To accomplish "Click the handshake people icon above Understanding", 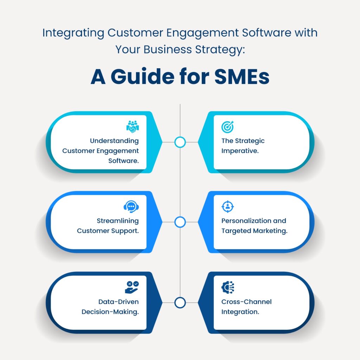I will [132, 127].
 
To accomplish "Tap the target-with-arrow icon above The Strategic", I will [227, 127].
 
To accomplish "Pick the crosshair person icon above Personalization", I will [227, 207].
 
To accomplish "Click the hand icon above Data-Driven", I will [132, 287].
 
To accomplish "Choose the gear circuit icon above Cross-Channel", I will [227, 287].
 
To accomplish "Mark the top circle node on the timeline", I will [180, 142].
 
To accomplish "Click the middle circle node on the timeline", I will [180, 222].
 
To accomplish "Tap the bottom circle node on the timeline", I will [180, 302].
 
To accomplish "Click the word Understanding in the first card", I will [114, 141].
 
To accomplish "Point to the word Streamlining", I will [118, 221].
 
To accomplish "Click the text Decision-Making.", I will [110, 312].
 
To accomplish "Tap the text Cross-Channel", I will [246, 302].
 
